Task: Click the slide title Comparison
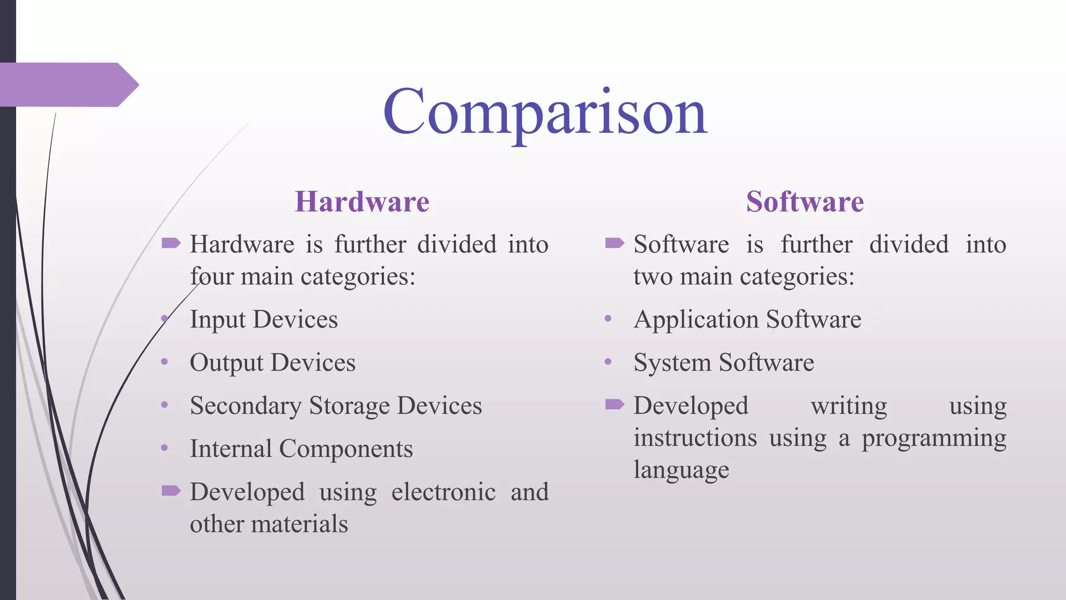point(545,111)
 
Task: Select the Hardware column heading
point(362,202)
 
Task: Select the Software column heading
point(805,202)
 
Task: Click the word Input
point(218,319)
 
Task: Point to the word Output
point(226,362)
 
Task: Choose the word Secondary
point(246,406)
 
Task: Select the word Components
point(346,448)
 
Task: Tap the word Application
point(696,319)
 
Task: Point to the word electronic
point(443,492)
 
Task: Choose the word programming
point(934,438)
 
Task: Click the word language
point(681,470)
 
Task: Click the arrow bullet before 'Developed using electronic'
point(171,490)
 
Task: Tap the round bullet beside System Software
point(608,361)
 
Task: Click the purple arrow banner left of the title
point(68,85)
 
